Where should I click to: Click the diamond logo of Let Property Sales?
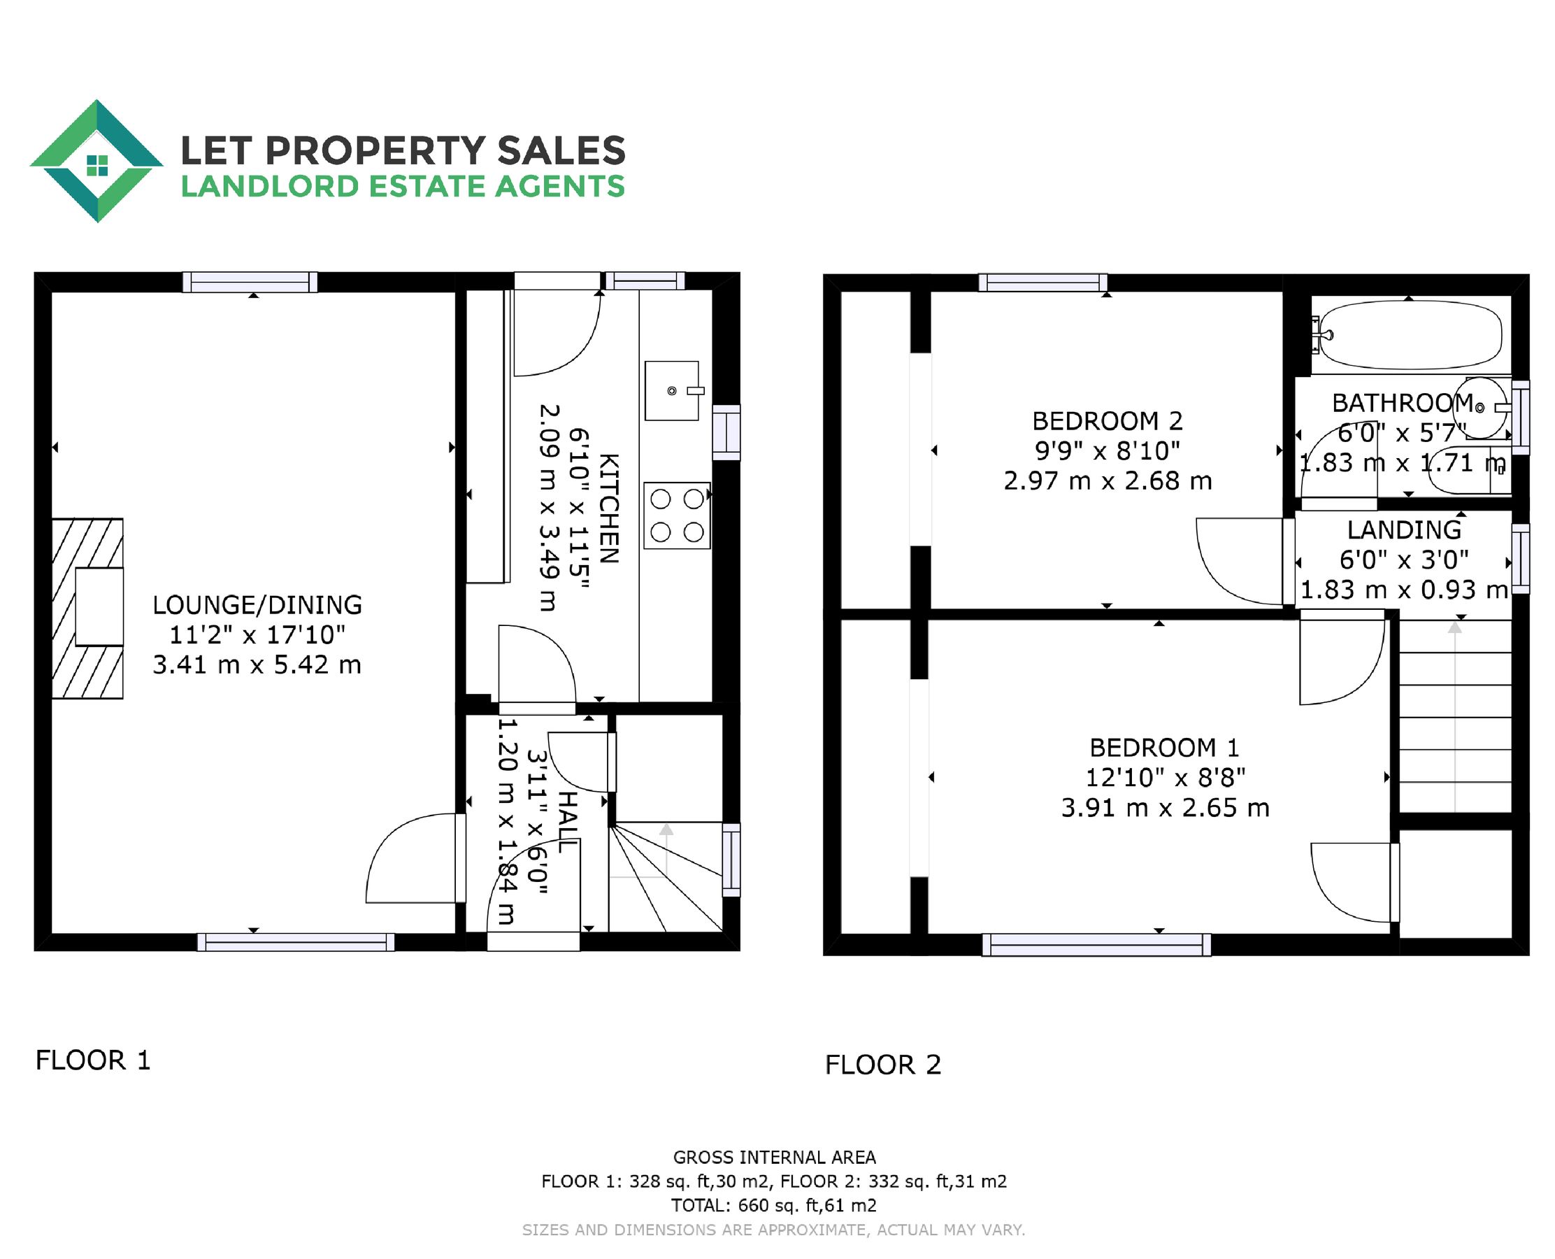96,161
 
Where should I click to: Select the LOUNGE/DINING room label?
257,605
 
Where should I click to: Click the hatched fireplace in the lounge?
87,608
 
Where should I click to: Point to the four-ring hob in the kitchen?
677,515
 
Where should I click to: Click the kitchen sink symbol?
672,391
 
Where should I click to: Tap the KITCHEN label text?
609,508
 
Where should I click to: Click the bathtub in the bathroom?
1410,336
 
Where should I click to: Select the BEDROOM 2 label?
1107,420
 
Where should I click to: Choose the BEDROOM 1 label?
1164,747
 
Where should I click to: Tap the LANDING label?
1403,530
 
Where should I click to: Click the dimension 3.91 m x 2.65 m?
1165,808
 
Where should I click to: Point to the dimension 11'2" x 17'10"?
257,634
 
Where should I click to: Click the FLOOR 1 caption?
93,1060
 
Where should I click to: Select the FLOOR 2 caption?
882,1065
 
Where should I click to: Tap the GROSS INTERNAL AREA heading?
774,1158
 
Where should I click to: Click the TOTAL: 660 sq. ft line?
773,1205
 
